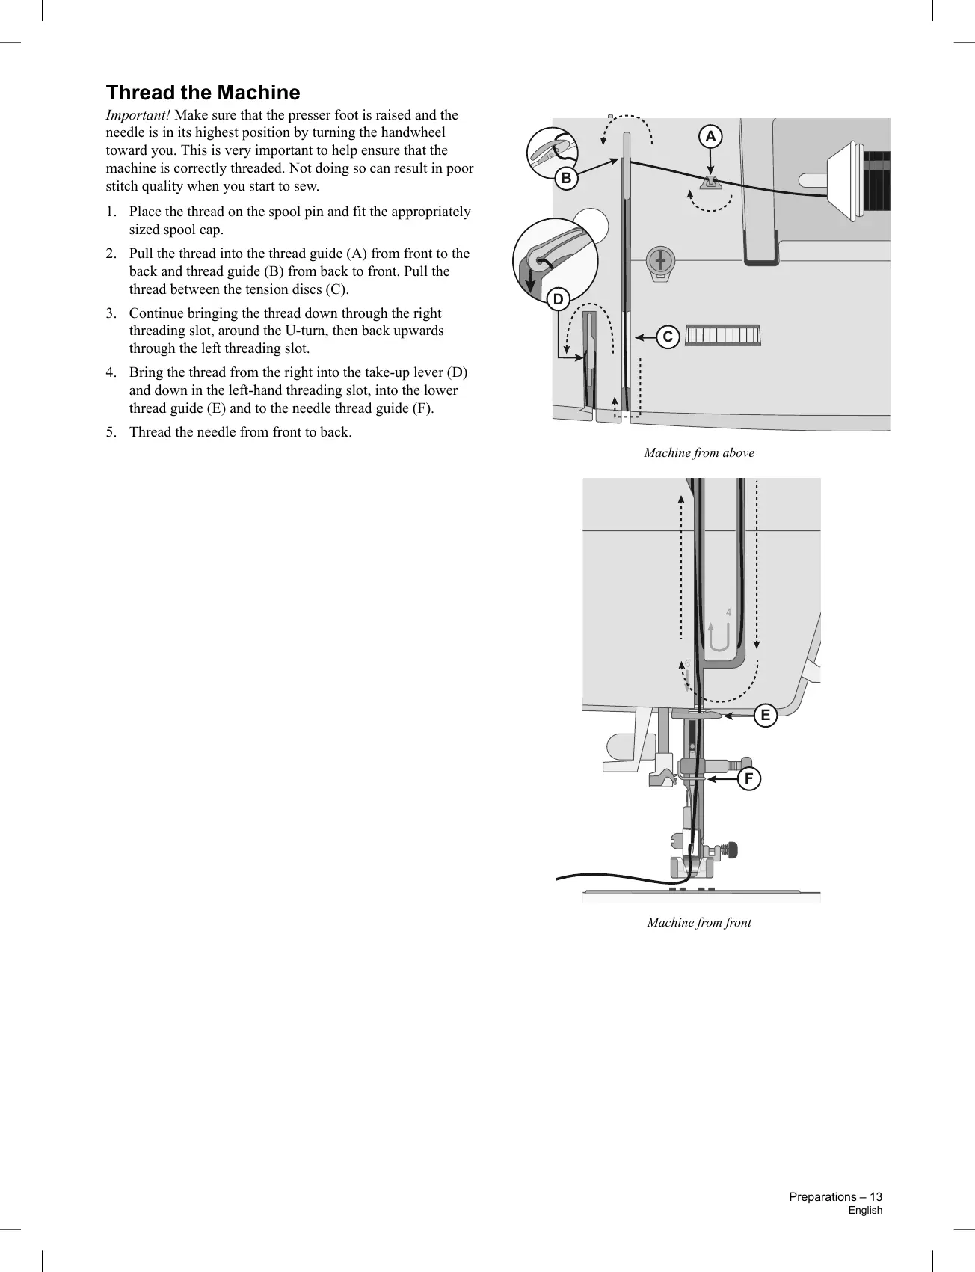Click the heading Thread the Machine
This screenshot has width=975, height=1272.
(x=203, y=93)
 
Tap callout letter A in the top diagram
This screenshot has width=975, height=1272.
(x=710, y=137)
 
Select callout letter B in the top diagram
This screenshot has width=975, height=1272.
(x=566, y=179)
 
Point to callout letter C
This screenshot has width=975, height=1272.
(x=668, y=337)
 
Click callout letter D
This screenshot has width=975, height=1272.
(x=558, y=301)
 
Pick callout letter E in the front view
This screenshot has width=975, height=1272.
(x=765, y=716)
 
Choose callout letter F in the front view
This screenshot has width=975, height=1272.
(x=748, y=779)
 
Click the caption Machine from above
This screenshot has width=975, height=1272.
(x=699, y=453)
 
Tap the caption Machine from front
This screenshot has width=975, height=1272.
(x=699, y=923)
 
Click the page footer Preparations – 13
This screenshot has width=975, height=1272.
(x=835, y=1197)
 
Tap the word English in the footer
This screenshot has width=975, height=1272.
(x=865, y=1211)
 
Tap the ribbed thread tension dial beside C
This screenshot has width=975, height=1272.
(x=722, y=335)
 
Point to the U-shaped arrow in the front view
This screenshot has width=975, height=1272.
(x=718, y=638)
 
